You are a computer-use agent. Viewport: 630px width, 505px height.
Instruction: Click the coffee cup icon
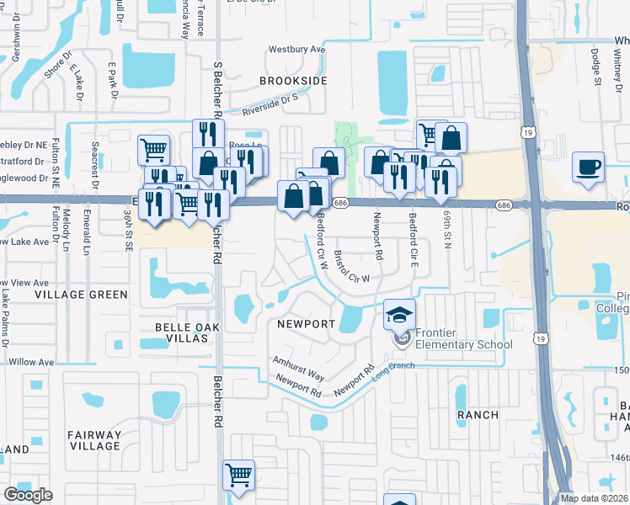point(588,165)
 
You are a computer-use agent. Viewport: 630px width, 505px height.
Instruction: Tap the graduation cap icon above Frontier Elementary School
point(400,314)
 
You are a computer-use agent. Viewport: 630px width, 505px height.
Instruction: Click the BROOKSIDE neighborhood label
point(292,80)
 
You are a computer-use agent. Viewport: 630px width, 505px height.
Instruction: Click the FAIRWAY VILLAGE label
point(95,441)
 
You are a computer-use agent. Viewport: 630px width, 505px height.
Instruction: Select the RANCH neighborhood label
point(478,415)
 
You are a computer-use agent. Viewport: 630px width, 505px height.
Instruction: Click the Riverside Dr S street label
point(271,104)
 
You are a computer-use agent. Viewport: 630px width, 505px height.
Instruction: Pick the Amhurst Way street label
point(298,366)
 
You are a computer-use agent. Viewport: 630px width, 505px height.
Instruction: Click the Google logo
point(28,495)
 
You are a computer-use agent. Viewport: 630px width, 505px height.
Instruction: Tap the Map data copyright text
point(595,498)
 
